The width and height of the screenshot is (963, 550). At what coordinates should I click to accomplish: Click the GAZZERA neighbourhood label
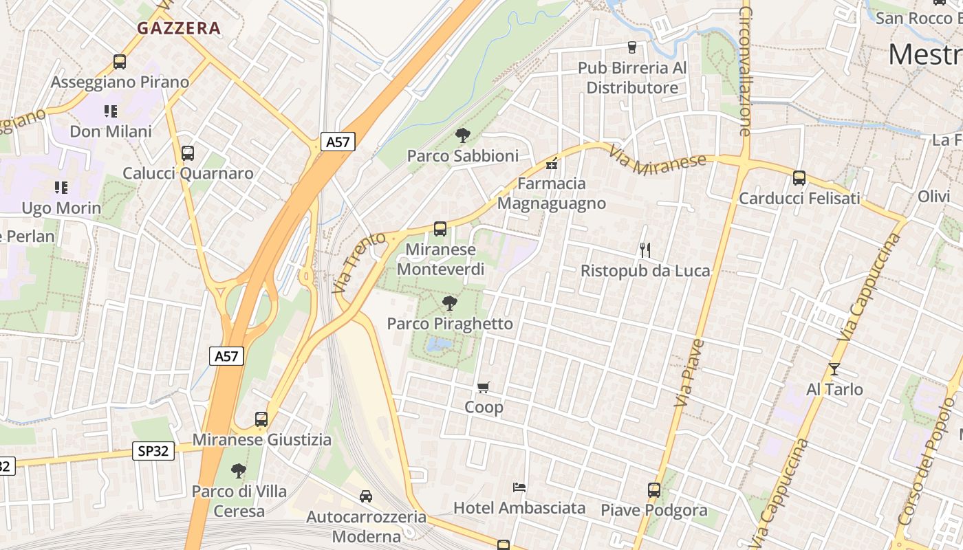(179, 28)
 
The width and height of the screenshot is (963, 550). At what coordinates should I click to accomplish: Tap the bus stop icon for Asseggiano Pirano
(120, 62)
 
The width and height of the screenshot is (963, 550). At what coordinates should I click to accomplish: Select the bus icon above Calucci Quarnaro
(188, 153)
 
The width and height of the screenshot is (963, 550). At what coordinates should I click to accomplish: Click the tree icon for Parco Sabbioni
(462, 135)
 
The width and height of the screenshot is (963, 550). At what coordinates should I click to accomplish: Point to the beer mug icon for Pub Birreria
(632, 47)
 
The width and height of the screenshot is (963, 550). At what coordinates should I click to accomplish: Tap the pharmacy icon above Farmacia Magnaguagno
(551, 164)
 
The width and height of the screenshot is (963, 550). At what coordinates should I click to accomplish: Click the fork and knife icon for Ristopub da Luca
(645, 250)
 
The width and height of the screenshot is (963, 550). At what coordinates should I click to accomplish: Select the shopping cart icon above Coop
(484, 388)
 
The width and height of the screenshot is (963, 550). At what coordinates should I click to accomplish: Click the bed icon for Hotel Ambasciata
(520, 487)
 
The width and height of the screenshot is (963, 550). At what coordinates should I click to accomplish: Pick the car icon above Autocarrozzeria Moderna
(366, 496)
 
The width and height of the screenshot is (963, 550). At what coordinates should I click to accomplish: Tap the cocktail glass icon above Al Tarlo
(834, 369)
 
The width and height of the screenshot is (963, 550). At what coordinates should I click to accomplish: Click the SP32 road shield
(153, 451)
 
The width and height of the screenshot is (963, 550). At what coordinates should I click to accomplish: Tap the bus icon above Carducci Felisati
(799, 178)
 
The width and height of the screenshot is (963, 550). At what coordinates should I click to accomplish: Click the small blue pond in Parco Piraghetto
(439, 344)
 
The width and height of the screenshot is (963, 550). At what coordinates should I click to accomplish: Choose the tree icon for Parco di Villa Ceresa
(239, 471)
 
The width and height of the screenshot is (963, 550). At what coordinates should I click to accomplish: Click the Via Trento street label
(351, 263)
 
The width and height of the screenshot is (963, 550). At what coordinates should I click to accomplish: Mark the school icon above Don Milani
(111, 111)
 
